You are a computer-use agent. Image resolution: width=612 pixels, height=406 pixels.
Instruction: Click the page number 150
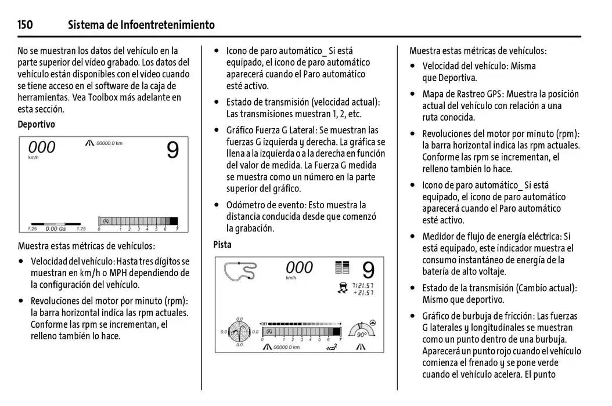point(25,24)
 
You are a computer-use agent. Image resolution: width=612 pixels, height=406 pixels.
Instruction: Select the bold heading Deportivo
point(36,124)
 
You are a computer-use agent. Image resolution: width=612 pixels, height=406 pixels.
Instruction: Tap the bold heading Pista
point(222,244)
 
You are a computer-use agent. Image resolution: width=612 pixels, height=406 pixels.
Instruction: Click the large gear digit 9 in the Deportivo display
point(172,150)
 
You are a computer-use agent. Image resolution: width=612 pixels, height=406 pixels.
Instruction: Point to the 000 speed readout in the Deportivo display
point(42,147)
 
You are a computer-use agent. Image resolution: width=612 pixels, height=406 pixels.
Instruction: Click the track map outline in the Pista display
point(241,272)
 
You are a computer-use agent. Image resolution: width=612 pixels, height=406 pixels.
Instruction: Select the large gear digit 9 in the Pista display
point(368,270)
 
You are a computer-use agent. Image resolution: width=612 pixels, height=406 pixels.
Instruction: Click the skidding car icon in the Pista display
point(343,288)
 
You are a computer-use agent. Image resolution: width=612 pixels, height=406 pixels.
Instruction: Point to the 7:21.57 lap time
point(363,285)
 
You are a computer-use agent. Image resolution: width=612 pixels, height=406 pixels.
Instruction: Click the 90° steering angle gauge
point(361,331)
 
